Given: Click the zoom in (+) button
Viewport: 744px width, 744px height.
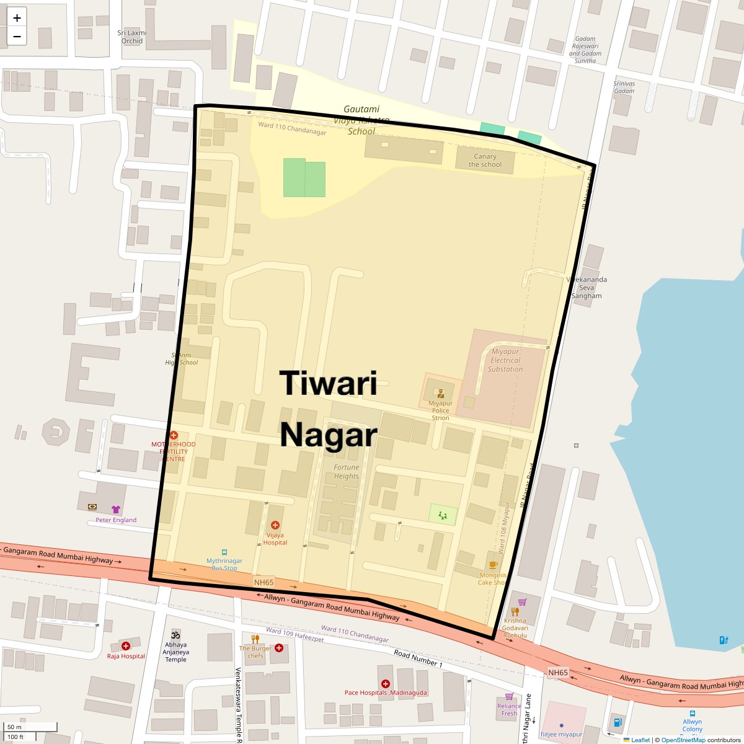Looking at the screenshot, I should point(17,18).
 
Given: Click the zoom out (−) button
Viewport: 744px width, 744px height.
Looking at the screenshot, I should point(17,37).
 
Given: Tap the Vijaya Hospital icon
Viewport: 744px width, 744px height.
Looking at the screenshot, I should point(275,525).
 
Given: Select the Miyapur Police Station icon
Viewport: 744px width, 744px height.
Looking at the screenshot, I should point(441,393).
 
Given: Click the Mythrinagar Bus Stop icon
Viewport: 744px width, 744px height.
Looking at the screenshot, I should point(224,552).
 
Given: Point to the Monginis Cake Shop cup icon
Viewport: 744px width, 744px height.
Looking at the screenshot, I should point(493,565).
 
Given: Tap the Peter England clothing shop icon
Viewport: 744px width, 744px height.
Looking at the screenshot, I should point(116,510).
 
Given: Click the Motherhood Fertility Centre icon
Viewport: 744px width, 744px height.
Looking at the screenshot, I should point(174,435).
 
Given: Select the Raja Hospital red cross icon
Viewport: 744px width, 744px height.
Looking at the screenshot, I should point(126,646).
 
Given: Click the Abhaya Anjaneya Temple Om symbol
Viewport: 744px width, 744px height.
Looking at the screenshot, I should point(176,634).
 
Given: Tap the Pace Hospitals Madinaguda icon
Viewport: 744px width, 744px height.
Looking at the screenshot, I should point(386,683).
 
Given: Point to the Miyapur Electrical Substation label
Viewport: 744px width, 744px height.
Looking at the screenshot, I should point(505,360).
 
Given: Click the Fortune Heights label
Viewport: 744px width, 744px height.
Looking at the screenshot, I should point(347,472).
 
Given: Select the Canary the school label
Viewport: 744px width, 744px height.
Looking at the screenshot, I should point(485,161).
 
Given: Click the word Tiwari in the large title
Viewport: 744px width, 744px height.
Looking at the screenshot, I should point(328,383).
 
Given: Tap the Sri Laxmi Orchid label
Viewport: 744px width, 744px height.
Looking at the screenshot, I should point(132,37).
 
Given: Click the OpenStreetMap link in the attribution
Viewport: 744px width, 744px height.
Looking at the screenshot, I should point(683,740).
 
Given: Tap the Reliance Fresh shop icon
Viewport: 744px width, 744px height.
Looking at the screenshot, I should point(509,696).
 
